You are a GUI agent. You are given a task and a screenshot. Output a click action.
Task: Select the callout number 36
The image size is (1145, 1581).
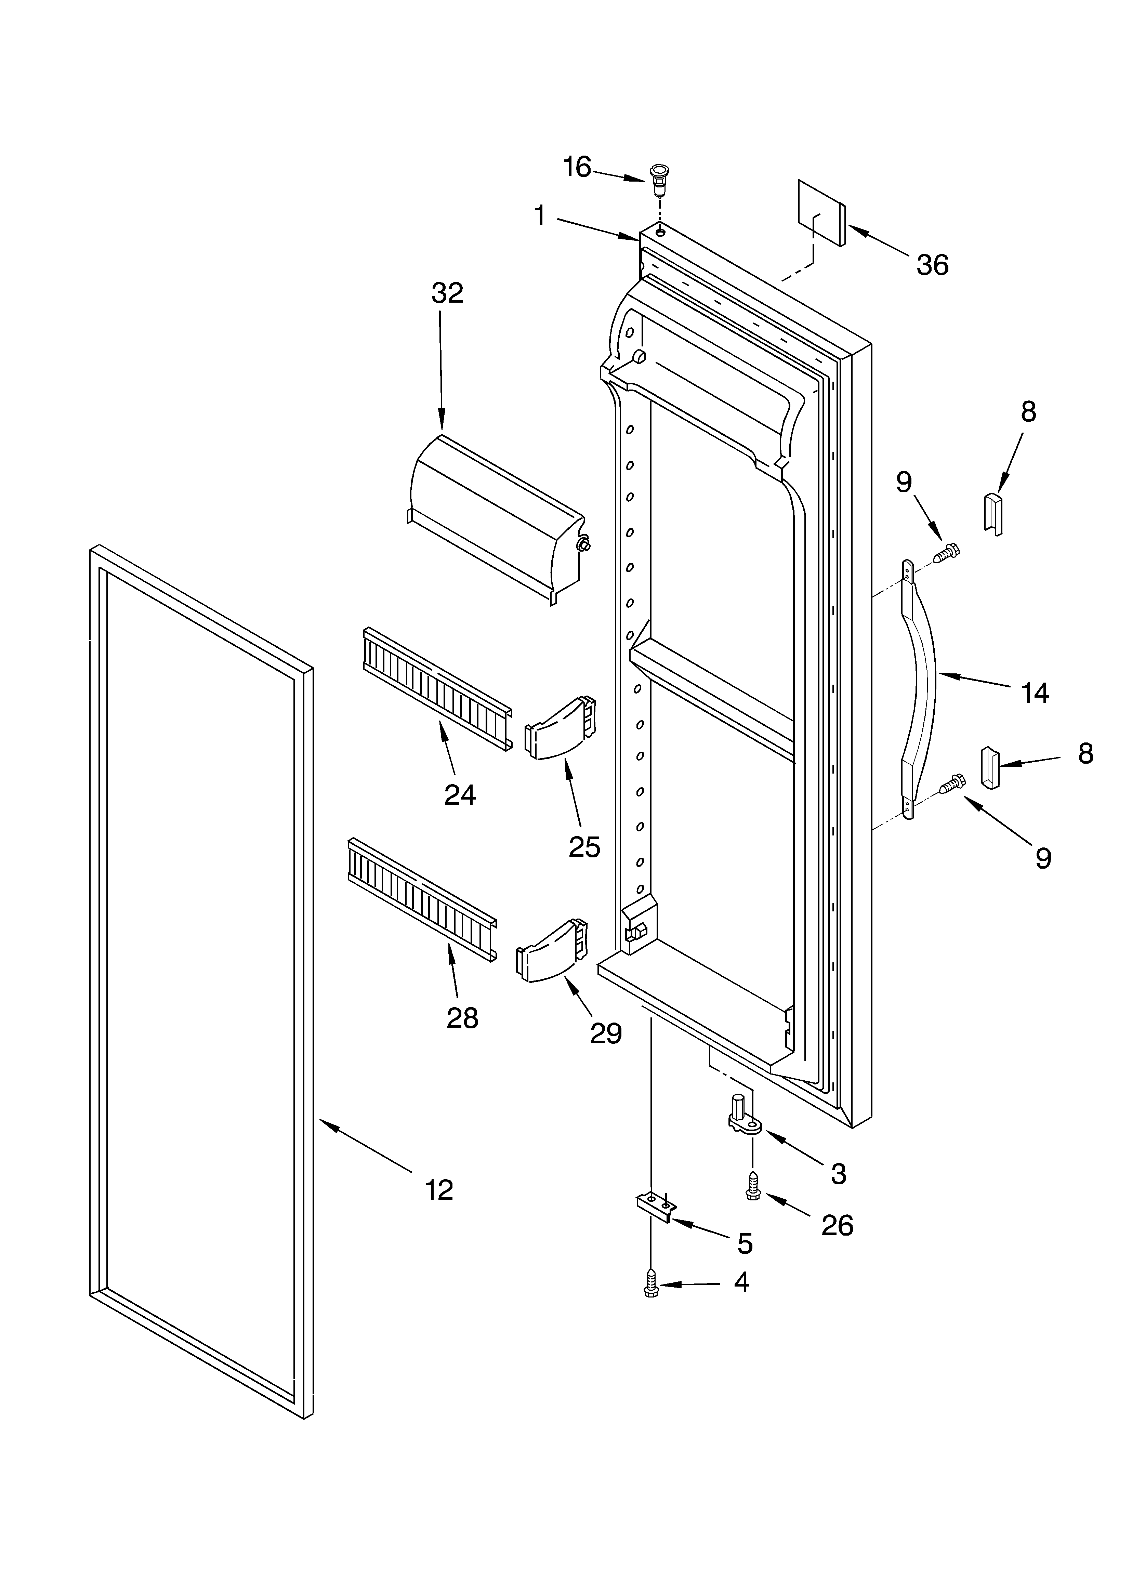932,265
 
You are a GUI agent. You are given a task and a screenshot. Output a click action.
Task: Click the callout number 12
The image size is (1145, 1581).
439,1190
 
